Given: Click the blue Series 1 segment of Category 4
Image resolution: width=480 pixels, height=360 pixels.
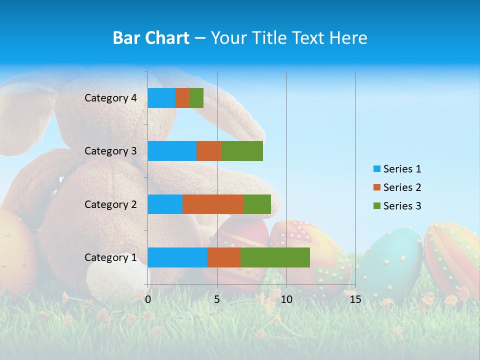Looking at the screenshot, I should pyautogui.click(x=161, y=98).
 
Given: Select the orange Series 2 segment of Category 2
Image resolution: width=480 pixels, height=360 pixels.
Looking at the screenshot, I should pyautogui.click(x=213, y=204).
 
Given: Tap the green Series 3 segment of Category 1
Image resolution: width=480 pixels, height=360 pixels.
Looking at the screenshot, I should pyautogui.click(x=275, y=257).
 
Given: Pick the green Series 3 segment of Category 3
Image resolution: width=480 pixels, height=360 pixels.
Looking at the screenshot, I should pyautogui.click(x=242, y=151).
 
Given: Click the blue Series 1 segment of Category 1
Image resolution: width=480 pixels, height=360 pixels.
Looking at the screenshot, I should pyautogui.click(x=177, y=257).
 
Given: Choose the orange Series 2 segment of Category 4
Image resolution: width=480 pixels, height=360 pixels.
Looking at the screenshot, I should pyautogui.click(x=182, y=98).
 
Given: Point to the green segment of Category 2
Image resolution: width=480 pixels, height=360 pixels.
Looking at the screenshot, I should pyautogui.click(x=257, y=204).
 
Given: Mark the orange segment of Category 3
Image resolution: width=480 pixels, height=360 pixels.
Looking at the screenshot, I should pyautogui.click(x=209, y=151).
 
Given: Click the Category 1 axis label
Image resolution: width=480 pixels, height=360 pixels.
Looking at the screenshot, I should pyautogui.click(x=110, y=257).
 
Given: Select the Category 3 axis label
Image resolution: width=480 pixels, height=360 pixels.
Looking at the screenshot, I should pyautogui.click(x=110, y=151).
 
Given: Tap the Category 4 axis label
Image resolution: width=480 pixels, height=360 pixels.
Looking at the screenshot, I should pyautogui.click(x=110, y=98).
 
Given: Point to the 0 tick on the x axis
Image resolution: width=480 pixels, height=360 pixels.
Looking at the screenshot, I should pyautogui.click(x=148, y=299).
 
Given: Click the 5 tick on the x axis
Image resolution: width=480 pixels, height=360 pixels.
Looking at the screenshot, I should pyautogui.click(x=217, y=299).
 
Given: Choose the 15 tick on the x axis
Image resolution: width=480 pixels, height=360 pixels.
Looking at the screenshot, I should pyautogui.click(x=355, y=299).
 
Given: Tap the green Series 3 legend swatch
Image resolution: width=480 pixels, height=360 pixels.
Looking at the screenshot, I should pyautogui.click(x=376, y=206).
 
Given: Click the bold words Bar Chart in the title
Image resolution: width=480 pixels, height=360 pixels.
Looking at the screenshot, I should pyautogui.click(x=151, y=37).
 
